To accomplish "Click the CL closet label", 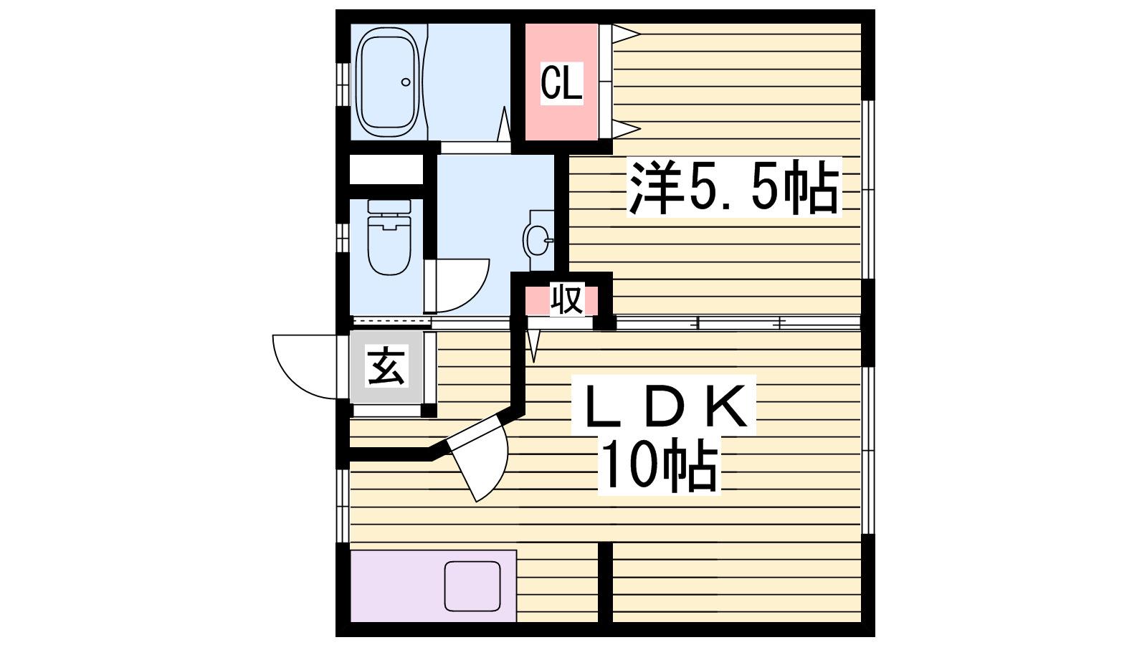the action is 562,83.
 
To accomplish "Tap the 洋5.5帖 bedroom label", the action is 734,187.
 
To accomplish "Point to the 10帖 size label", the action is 660,465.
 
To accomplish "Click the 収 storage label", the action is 567,299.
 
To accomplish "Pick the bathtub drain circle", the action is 406,82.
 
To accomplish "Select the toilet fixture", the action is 389,237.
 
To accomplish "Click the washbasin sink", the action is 538,239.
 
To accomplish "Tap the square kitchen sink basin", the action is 472,586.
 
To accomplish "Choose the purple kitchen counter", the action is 433,586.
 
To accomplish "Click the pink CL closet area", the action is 562,82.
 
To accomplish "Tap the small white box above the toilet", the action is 386,169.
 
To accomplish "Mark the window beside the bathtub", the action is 343,85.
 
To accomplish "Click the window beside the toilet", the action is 343,237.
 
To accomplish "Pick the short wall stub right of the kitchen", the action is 605,583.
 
